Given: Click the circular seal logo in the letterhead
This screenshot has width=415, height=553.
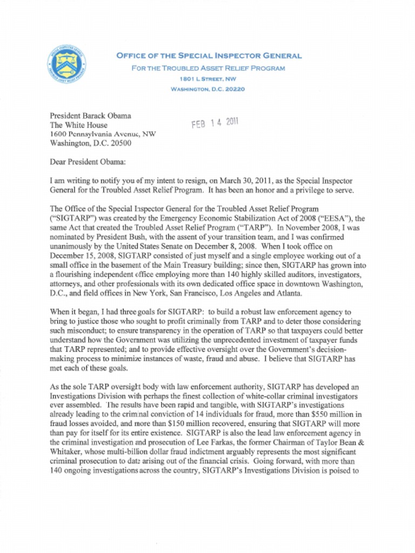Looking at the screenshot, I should [x=65, y=65].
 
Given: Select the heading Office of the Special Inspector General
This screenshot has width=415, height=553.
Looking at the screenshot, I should [x=209, y=56].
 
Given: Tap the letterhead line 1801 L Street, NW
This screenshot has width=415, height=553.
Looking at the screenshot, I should [x=209, y=79].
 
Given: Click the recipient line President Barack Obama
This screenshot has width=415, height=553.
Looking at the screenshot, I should [x=91, y=115].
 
